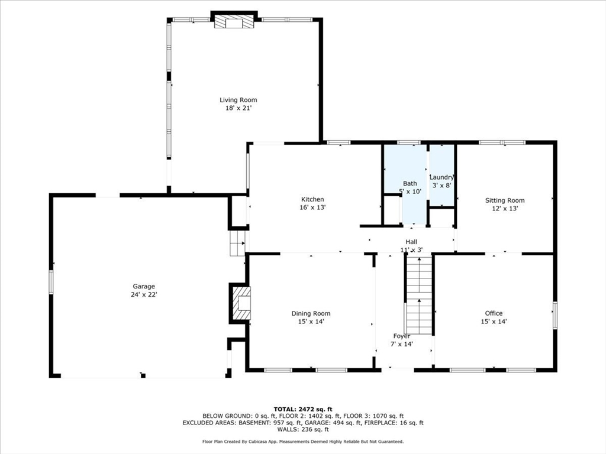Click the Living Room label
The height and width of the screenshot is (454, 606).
(x=238, y=100)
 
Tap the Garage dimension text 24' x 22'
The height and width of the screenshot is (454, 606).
(x=144, y=294)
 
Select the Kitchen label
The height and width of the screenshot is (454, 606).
(x=312, y=199)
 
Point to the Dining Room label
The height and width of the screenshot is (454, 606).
(x=311, y=313)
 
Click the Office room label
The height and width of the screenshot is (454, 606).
(x=494, y=313)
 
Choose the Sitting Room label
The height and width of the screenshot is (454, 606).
(x=505, y=200)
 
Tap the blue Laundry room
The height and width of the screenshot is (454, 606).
(x=441, y=176)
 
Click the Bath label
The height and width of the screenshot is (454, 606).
(x=410, y=183)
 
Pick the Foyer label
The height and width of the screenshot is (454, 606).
(x=402, y=336)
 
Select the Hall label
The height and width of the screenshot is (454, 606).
(x=411, y=242)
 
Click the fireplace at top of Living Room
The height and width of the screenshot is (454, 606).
(x=233, y=22)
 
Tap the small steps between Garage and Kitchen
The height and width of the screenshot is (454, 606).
(x=238, y=243)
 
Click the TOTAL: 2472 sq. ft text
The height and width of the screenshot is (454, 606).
(x=303, y=409)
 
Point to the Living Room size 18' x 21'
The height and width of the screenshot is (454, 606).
(x=238, y=108)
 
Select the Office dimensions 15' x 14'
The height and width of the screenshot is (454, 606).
(x=494, y=321)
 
